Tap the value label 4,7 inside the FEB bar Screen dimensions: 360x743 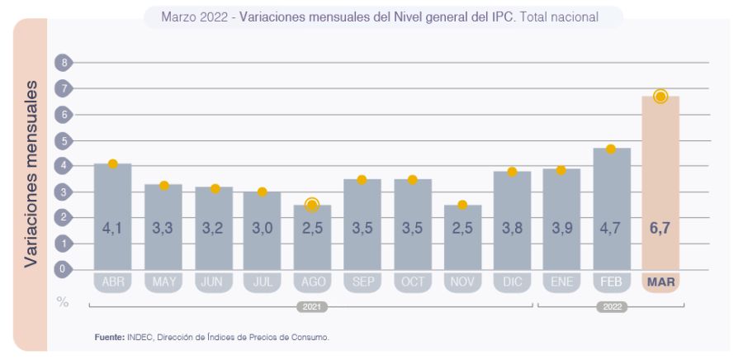click(x=611, y=228)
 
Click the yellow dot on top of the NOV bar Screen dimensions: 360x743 click(x=462, y=205)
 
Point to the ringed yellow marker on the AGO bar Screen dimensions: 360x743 click(x=312, y=205)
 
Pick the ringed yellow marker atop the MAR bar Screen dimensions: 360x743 click(x=660, y=97)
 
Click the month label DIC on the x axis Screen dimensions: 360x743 click(x=512, y=282)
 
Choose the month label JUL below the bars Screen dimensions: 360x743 click(x=262, y=282)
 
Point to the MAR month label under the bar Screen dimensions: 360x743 click(x=660, y=282)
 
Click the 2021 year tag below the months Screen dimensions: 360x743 click(x=311, y=306)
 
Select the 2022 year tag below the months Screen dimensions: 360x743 click(x=611, y=306)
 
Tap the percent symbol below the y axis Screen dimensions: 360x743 click(x=63, y=301)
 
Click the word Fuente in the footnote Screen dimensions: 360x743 click(x=109, y=337)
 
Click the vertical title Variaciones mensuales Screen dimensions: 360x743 click(x=31, y=173)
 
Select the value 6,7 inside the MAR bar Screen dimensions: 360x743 click(x=660, y=228)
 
